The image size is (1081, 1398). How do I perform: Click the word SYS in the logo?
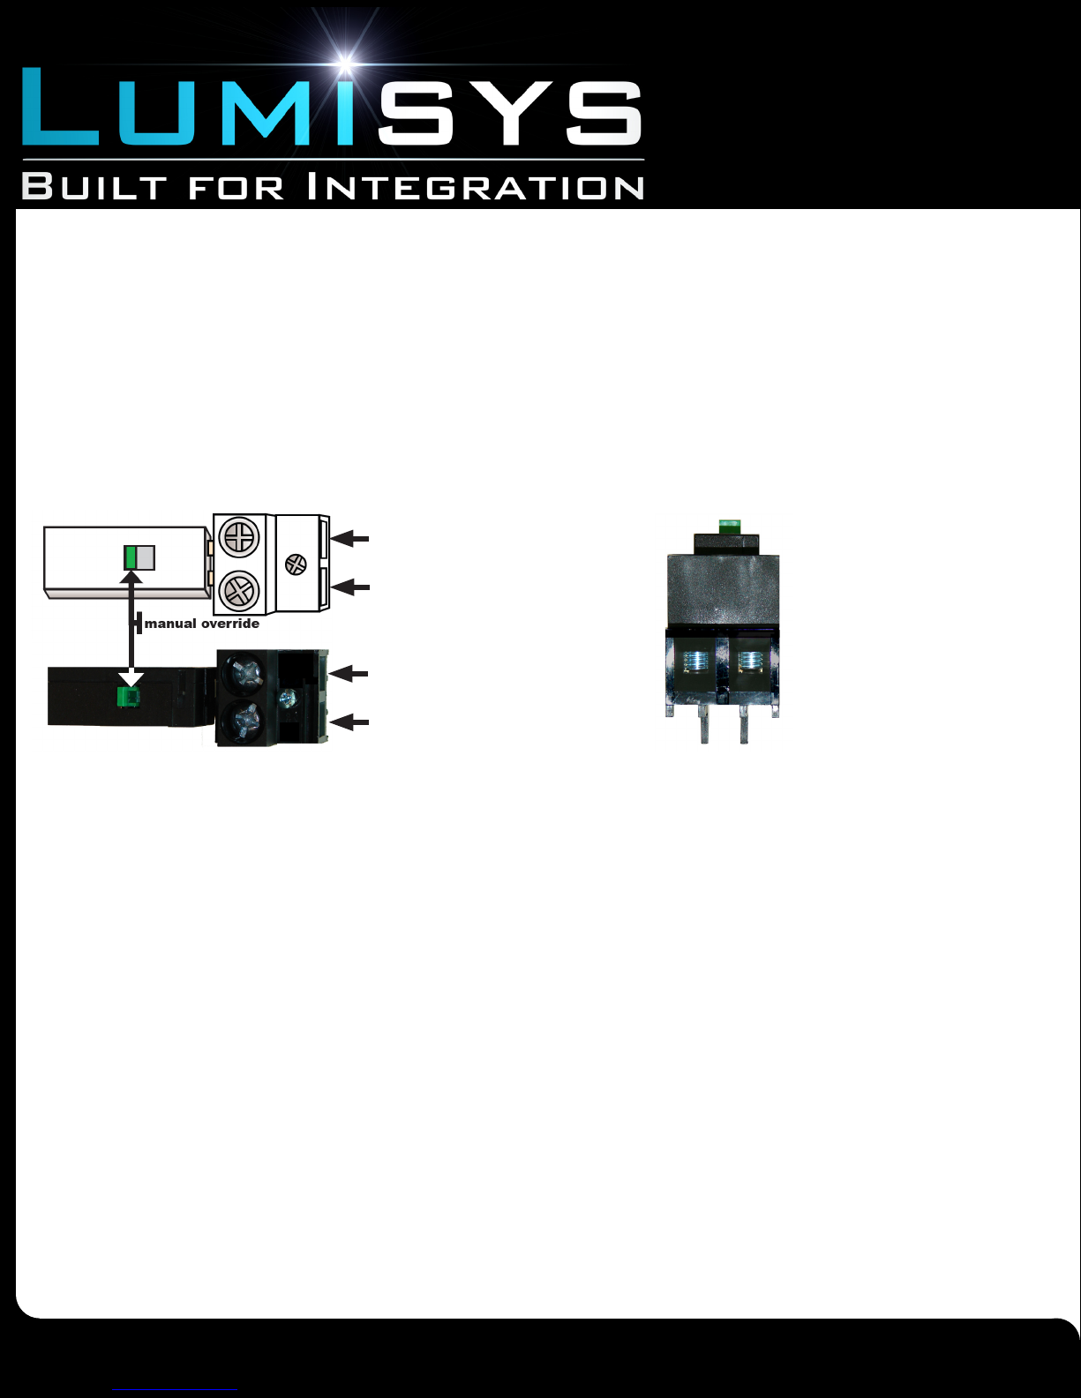pos(509,112)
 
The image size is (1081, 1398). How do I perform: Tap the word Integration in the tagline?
pos(477,187)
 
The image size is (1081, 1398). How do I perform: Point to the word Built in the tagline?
pos(94,187)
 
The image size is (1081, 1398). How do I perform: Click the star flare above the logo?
pos(347,63)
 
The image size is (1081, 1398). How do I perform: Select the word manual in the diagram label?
pos(170,624)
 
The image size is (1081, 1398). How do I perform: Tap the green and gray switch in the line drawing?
pos(139,557)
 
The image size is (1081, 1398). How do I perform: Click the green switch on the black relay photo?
pos(128,698)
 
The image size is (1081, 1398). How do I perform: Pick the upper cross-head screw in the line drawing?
pos(239,536)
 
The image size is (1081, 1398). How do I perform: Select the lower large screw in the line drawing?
pos(239,589)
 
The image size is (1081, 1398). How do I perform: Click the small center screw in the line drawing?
pos(296,564)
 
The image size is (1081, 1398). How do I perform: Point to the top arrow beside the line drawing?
pos(351,537)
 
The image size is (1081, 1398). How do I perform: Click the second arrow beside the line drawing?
pos(351,587)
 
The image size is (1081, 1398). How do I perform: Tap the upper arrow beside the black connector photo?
pos(350,674)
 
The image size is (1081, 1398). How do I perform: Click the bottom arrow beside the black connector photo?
pos(350,722)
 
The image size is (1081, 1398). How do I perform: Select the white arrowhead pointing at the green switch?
pos(131,678)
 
